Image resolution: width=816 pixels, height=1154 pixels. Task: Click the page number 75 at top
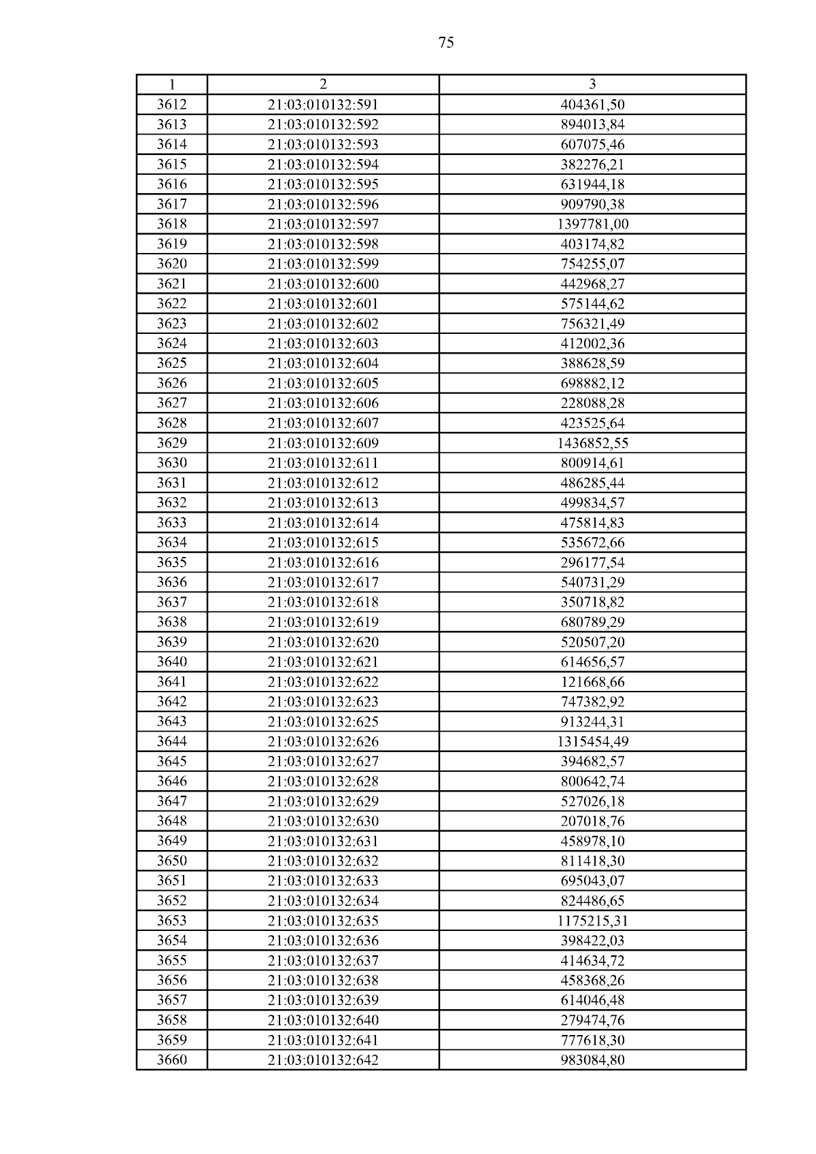(x=446, y=43)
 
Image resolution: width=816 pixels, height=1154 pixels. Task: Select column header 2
(x=323, y=84)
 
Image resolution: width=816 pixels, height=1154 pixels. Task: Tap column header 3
(x=592, y=84)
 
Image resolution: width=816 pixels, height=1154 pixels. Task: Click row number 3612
(x=171, y=105)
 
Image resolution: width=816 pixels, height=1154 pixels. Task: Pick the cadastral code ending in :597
(x=323, y=224)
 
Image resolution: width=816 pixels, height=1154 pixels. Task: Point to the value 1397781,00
(x=592, y=224)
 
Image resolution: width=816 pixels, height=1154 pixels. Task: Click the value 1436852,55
(x=592, y=443)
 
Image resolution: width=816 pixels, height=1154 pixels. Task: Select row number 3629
(x=171, y=443)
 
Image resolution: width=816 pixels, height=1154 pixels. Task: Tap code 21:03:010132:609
(x=323, y=443)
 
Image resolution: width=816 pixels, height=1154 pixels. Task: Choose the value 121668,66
(x=592, y=682)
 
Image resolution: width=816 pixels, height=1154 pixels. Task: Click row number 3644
(x=171, y=741)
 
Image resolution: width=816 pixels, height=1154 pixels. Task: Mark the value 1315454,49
(x=592, y=741)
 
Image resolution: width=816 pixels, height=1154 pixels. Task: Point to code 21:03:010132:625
(x=323, y=722)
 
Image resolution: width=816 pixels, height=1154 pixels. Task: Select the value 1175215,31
(x=592, y=921)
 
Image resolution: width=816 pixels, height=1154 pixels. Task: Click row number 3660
(x=171, y=1060)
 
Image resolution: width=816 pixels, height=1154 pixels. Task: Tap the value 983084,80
(x=592, y=1060)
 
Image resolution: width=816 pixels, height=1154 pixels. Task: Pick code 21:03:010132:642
(x=323, y=1060)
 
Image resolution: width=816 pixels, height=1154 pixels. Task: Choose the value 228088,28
(x=592, y=403)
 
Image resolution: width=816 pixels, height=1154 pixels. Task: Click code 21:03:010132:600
(x=323, y=284)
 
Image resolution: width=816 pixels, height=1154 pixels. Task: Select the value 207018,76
(x=592, y=821)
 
